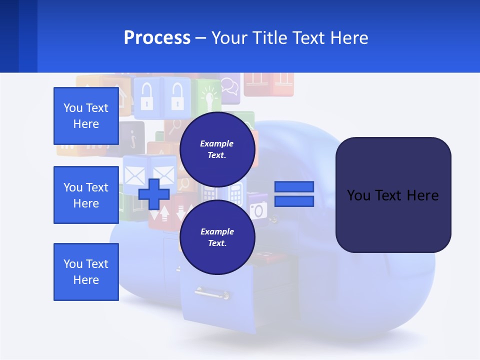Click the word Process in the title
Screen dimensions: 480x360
157,37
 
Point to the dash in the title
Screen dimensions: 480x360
201,38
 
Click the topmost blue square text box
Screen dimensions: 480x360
86,116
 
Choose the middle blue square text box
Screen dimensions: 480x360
86,195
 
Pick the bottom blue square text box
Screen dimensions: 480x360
86,271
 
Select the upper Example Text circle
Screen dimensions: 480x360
217,149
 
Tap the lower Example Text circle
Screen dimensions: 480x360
217,237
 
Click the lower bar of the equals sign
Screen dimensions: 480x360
294,201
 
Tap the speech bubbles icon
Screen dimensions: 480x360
229,86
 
